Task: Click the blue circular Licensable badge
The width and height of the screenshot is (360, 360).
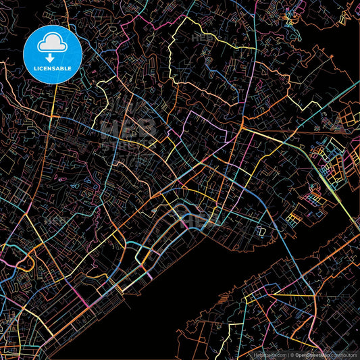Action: tap(53, 55)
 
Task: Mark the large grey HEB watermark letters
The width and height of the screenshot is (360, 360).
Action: tap(128, 128)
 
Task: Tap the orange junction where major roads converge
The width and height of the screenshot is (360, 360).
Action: tap(241, 126)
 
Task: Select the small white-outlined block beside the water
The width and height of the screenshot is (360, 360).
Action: tap(259, 232)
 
